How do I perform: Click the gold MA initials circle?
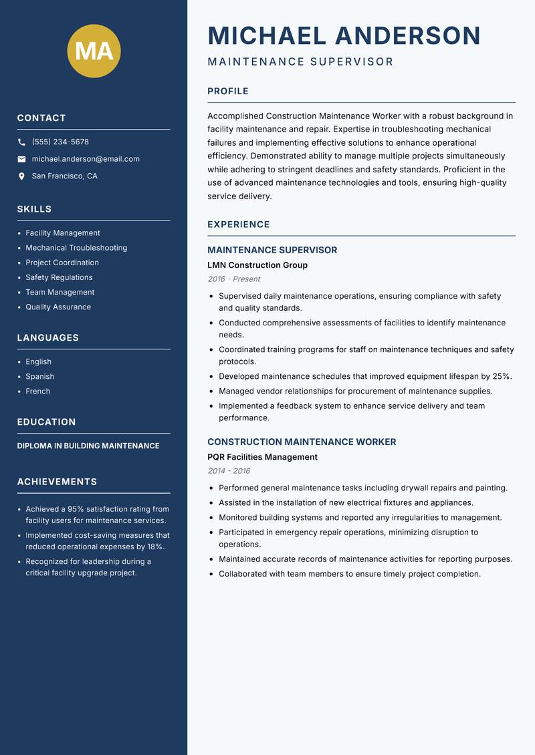tap(94, 51)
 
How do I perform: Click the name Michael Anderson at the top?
tap(344, 35)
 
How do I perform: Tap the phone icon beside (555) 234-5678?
tap(21, 142)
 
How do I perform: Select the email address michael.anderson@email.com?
tap(86, 159)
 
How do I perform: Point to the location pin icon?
tap(21, 176)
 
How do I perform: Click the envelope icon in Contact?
tap(21, 159)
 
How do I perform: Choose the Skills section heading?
tap(34, 209)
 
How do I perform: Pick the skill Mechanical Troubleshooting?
tap(76, 248)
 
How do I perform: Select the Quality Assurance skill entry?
tap(58, 307)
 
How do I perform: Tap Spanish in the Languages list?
tap(39, 377)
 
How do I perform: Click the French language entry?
tap(37, 392)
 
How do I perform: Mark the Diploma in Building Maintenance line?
tap(88, 446)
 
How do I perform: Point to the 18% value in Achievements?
tap(155, 547)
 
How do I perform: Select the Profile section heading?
tap(227, 92)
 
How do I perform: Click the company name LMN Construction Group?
tap(257, 265)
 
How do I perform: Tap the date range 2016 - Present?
tap(233, 279)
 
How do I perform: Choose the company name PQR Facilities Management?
tap(262, 457)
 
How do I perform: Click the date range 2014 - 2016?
tap(229, 471)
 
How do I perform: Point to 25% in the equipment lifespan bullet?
tap(502, 376)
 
